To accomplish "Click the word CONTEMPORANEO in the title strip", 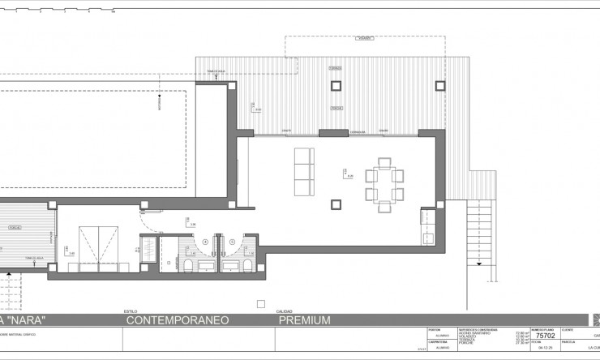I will (x=178, y=320).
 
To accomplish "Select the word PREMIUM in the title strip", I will (x=305, y=320).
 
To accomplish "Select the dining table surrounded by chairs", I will (x=383, y=185).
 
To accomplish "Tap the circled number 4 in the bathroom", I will (x=205, y=241).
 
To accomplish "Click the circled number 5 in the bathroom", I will (x=231, y=241).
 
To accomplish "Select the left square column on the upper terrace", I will (x=336, y=84).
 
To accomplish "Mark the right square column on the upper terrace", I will (x=439, y=84).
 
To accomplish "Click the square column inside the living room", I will (x=335, y=203).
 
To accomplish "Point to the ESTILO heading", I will (x=130, y=311).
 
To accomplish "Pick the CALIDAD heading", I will (x=285, y=311).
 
